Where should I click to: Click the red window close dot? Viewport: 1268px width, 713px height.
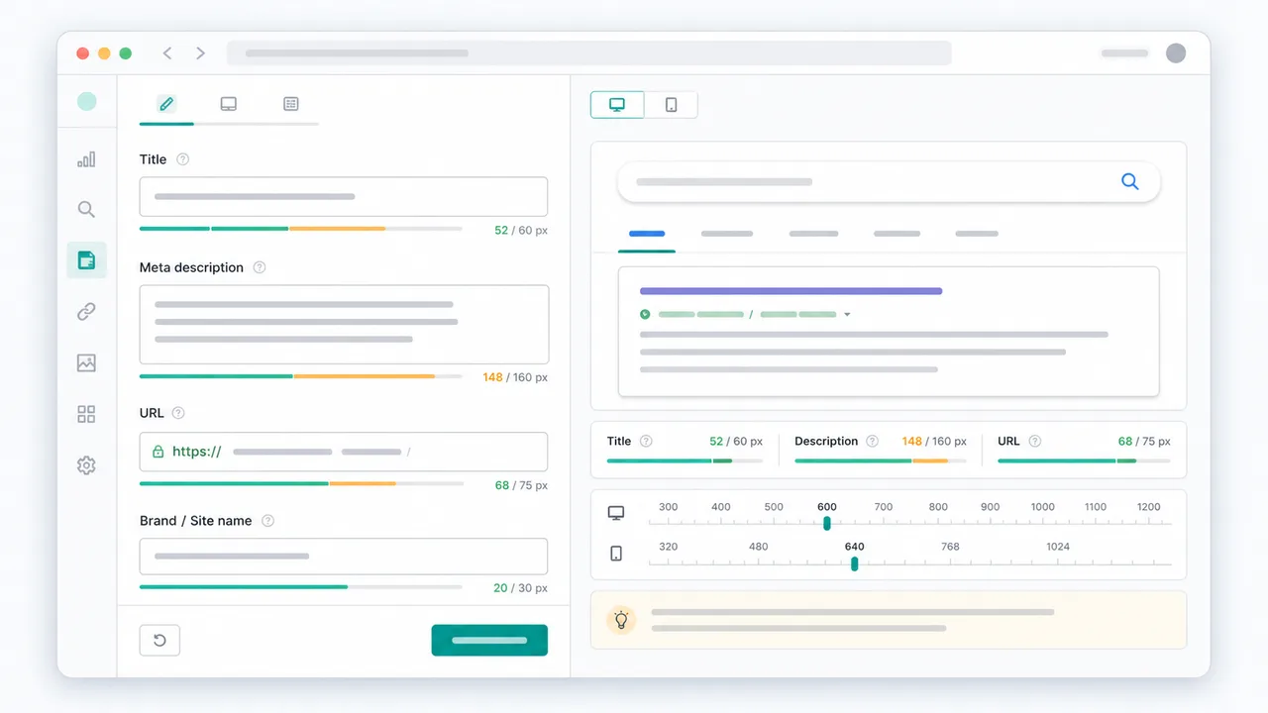[82, 53]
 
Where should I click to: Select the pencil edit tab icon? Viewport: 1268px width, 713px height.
[166, 104]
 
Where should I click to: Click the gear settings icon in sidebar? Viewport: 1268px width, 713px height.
[86, 465]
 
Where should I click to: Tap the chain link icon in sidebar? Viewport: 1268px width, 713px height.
[86, 311]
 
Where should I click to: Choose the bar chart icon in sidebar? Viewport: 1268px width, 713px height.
[86, 159]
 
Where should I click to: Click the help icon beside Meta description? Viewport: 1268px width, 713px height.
[260, 267]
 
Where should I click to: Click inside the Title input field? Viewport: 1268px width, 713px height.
[344, 196]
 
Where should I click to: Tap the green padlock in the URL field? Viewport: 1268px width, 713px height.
[158, 451]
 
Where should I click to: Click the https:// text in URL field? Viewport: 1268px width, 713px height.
[196, 451]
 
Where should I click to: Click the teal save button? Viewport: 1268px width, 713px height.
[489, 640]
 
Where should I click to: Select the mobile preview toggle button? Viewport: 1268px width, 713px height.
[671, 105]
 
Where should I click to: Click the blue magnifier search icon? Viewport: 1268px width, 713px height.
[1130, 181]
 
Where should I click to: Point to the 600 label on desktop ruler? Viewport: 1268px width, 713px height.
[826, 506]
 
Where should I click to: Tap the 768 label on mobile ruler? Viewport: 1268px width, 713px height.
[950, 546]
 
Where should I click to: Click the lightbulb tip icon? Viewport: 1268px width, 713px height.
[621, 620]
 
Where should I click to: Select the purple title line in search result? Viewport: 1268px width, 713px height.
[791, 291]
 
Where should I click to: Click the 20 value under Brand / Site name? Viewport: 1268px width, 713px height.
[500, 588]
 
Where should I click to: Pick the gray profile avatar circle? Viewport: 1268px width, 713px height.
[1176, 53]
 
